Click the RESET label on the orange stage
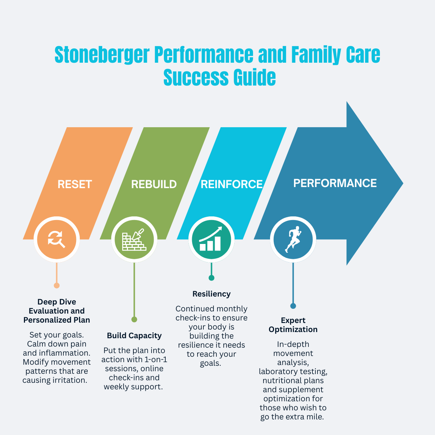pyautogui.click(x=75, y=184)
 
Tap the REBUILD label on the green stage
pyautogui.click(x=154, y=184)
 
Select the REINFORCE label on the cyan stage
pyautogui.click(x=232, y=184)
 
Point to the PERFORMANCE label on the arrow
pyautogui.click(x=335, y=183)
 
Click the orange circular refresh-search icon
pyautogui.click(x=57, y=239)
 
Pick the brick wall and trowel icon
pyautogui.click(x=134, y=239)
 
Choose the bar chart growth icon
pyautogui.click(x=211, y=239)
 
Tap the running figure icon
pyautogui.click(x=293, y=239)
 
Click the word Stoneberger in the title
pyautogui.click(x=102, y=55)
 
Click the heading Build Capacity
pyautogui.click(x=134, y=336)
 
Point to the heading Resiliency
pyautogui.click(x=211, y=294)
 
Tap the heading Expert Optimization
pyautogui.click(x=293, y=325)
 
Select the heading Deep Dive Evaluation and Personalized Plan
pyautogui.click(x=57, y=311)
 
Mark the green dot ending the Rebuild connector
pyautogui.click(x=134, y=319)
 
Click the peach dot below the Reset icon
pyautogui.click(x=57, y=285)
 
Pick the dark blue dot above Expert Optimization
pyautogui.click(x=293, y=306)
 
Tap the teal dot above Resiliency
pyautogui.click(x=211, y=278)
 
